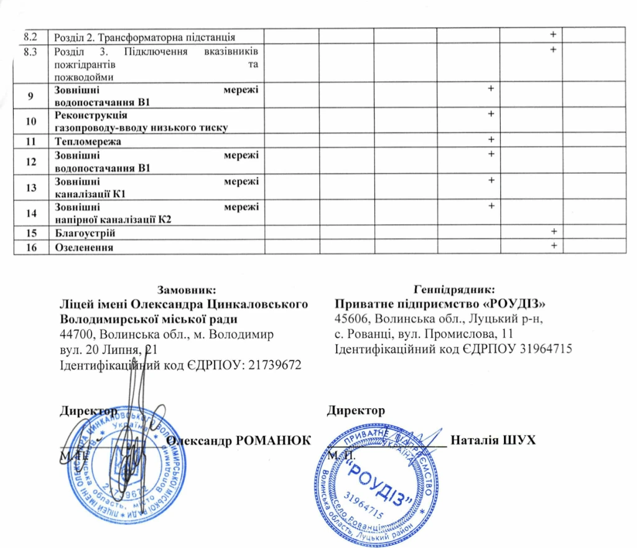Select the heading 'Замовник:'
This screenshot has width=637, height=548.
[187, 290]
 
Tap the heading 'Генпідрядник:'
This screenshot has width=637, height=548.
[454, 290]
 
